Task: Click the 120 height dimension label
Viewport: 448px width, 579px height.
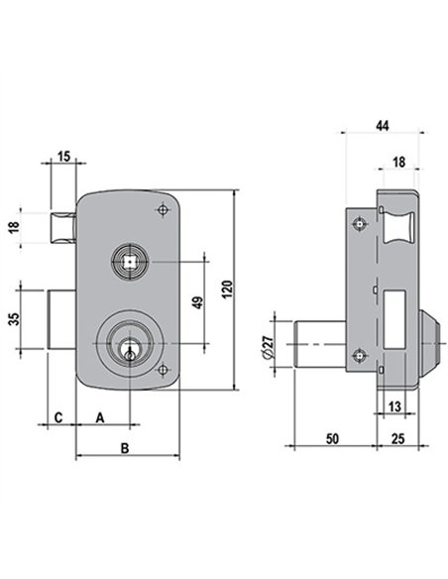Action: [x=228, y=289]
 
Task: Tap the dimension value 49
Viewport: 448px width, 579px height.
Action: [x=198, y=302]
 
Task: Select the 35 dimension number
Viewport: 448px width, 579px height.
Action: [x=14, y=319]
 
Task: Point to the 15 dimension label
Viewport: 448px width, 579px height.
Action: [x=63, y=157]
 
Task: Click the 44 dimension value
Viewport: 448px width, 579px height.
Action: [x=383, y=126]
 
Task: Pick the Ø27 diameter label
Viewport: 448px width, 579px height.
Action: [x=268, y=346]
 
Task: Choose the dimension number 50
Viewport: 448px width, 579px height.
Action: [x=332, y=438]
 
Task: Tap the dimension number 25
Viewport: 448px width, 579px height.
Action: [x=397, y=438]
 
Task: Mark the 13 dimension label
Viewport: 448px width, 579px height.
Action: [x=394, y=406]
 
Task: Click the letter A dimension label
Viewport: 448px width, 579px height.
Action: [x=100, y=418]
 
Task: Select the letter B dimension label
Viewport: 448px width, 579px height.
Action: [x=125, y=448]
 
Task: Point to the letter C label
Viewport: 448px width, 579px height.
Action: [x=58, y=418]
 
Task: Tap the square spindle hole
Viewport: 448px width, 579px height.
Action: [x=130, y=262]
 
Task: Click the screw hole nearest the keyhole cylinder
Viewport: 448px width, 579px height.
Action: [x=163, y=370]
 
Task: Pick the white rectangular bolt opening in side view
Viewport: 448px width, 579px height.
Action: [x=394, y=320]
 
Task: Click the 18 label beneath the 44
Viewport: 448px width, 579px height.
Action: [x=398, y=162]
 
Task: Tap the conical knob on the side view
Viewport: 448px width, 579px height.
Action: [x=429, y=344]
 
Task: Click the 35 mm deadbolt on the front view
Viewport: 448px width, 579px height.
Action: [x=61, y=319]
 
